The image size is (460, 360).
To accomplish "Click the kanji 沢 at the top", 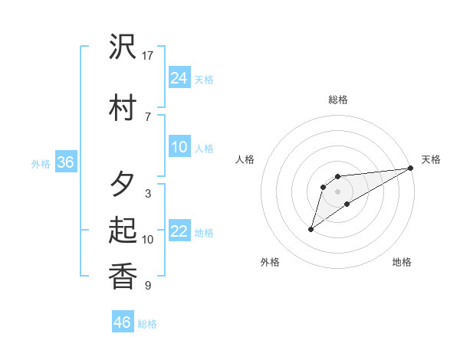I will (x=123, y=47).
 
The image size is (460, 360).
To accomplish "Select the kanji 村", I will (x=123, y=108).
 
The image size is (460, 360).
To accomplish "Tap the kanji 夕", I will (x=123, y=185).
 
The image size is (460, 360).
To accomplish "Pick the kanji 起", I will (x=123, y=231).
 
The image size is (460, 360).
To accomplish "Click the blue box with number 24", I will (x=179, y=77).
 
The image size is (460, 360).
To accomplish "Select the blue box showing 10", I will (x=179, y=147).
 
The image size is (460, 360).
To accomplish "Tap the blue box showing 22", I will (x=179, y=231).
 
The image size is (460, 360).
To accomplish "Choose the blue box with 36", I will (x=65, y=162).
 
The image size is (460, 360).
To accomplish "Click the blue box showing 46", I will (x=123, y=322).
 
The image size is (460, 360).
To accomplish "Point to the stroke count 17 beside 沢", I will (x=148, y=56).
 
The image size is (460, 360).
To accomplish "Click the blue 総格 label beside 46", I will (x=147, y=324).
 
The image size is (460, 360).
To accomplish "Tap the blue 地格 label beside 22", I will (x=204, y=232).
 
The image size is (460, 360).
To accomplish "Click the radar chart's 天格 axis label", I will (x=431, y=159).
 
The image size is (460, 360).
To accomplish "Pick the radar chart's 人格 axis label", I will (x=245, y=159).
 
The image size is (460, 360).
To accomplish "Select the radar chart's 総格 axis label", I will (x=338, y=100).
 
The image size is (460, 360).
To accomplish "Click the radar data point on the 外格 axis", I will (x=310, y=229).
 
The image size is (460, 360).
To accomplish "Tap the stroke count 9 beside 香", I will (x=148, y=286).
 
